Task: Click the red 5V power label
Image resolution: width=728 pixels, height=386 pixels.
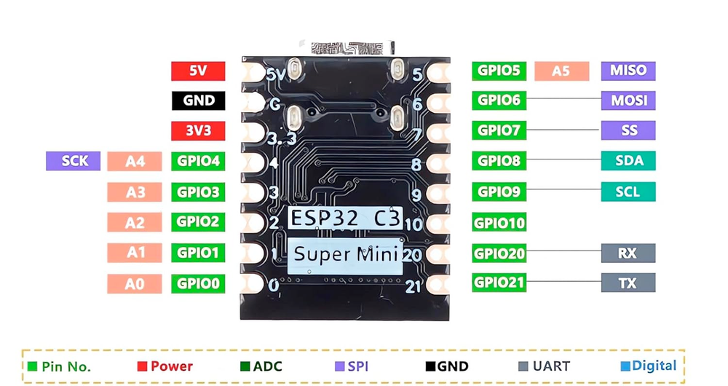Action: (x=198, y=71)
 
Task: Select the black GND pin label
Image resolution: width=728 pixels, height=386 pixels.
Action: (x=198, y=101)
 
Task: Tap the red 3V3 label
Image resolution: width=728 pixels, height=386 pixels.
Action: (x=198, y=130)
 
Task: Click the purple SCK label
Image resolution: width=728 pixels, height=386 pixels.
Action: (x=73, y=161)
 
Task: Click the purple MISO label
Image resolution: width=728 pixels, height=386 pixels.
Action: (x=628, y=71)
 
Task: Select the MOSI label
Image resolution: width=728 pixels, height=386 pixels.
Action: (x=628, y=101)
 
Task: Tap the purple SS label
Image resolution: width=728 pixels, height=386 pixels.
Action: (x=628, y=130)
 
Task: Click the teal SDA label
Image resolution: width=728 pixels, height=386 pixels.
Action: (x=628, y=161)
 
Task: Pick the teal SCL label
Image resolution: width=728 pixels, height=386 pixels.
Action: (x=628, y=192)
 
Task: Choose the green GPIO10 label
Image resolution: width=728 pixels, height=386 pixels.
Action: (x=499, y=222)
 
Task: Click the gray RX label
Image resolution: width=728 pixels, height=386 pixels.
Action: (x=628, y=253)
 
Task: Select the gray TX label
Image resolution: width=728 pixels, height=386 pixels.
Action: (x=628, y=283)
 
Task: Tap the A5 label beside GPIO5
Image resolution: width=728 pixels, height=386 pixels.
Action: (x=561, y=71)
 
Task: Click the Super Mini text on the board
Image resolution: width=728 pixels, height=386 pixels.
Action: (x=345, y=255)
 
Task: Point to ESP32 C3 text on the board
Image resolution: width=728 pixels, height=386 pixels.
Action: (x=345, y=218)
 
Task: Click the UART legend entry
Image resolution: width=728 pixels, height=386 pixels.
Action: (x=544, y=366)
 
